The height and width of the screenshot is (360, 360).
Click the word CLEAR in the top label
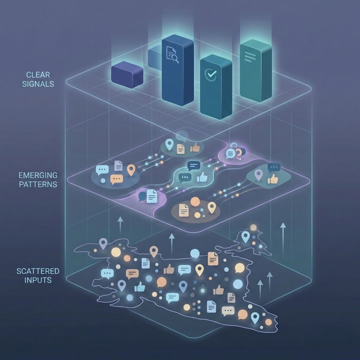tap(38, 75)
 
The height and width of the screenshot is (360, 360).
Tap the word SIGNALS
tap(38, 84)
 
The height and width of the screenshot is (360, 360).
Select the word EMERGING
tap(38, 175)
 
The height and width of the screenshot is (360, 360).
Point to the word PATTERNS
tap(38, 184)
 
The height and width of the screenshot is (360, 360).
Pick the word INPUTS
tap(38, 280)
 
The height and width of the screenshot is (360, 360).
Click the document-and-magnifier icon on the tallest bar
tap(173, 55)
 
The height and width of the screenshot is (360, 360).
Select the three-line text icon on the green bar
tap(250, 56)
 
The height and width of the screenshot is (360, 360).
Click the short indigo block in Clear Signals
tap(127, 74)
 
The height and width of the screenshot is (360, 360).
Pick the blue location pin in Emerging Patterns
tap(170, 144)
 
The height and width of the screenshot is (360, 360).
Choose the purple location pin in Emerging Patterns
tap(258, 175)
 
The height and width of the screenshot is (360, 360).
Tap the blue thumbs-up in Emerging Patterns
tap(202, 177)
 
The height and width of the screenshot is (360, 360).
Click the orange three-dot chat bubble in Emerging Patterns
tap(116, 179)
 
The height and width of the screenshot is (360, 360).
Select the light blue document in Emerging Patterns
tap(152, 196)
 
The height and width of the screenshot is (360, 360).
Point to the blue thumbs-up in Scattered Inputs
tap(140, 287)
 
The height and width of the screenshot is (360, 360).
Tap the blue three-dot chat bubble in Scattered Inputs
tap(107, 274)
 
